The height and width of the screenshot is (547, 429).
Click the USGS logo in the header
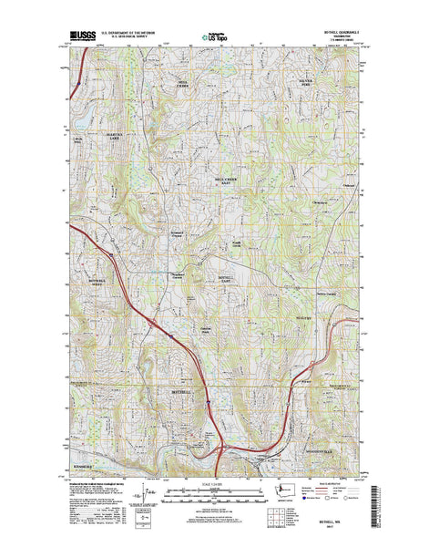(82, 39)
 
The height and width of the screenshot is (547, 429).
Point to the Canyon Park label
(206, 330)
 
